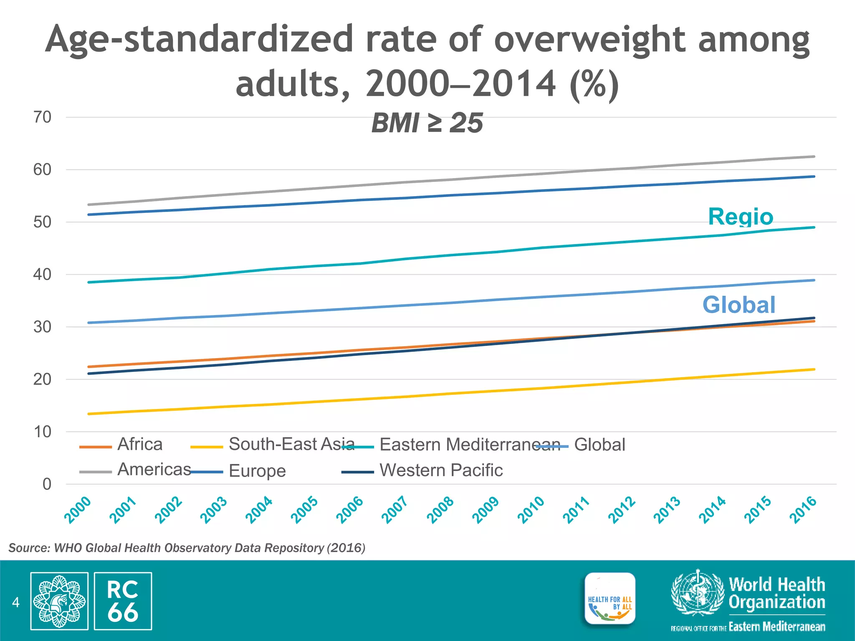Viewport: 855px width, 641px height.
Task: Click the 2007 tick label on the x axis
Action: (x=395, y=510)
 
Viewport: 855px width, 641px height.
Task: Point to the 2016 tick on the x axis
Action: (x=803, y=510)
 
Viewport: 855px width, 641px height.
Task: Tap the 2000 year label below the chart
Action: (x=78, y=510)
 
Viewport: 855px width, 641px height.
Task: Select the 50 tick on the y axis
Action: (x=42, y=222)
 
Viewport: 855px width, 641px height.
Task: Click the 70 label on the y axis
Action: (x=42, y=117)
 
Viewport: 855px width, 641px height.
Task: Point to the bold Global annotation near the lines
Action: (x=739, y=305)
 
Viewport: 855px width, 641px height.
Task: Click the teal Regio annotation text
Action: (x=741, y=217)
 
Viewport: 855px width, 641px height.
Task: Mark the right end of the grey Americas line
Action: (x=814, y=156)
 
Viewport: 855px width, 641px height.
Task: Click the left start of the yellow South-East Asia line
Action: (x=89, y=414)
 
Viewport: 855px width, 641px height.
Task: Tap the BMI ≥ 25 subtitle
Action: (x=427, y=123)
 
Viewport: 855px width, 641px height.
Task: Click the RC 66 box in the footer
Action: (x=123, y=601)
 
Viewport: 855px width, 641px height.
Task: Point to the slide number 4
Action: (x=16, y=602)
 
